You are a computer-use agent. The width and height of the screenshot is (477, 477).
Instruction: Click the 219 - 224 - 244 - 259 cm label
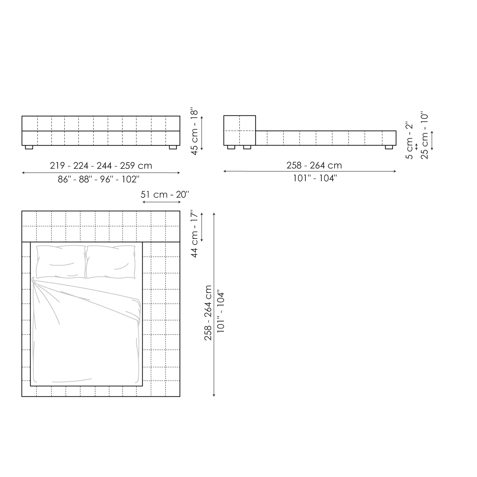[101, 166]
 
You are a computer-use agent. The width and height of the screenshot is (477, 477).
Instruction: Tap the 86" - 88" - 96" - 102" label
[99, 179]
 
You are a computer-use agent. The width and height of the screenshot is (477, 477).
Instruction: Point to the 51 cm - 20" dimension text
[165, 194]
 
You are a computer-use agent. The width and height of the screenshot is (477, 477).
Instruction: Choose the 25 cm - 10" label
[424, 135]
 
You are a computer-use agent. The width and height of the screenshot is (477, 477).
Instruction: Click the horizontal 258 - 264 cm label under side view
[314, 165]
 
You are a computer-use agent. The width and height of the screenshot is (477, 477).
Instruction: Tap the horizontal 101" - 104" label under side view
[314, 178]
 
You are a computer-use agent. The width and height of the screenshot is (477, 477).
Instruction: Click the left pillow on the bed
[60, 262]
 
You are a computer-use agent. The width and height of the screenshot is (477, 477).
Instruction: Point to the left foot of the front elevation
[29, 148]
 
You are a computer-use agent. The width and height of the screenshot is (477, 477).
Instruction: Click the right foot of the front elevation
[173, 148]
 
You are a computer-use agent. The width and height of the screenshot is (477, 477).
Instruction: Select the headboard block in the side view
[239, 130]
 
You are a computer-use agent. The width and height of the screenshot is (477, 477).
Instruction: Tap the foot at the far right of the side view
[389, 147]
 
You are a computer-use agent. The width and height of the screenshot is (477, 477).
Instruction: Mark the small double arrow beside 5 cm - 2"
[417, 147]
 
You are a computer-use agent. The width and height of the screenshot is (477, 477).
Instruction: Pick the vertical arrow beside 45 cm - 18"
[202, 133]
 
